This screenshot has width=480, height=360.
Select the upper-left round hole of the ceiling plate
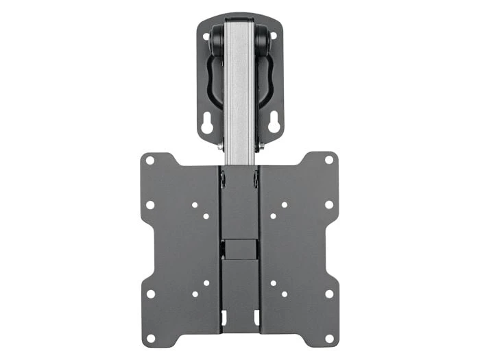pos(206,36)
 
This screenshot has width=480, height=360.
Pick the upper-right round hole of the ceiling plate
pos(273,36)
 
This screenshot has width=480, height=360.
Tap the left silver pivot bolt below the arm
pos(220,146)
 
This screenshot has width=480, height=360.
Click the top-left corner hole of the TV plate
pos(150,160)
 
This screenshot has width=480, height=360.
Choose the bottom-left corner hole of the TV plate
pos(150,338)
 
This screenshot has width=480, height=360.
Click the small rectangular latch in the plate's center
pos(239,248)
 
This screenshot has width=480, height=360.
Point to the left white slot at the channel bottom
pos(223,317)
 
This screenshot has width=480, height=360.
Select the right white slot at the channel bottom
pos(256,317)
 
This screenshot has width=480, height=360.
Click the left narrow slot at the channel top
pos(223,180)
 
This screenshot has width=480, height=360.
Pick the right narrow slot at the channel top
pos(256,180)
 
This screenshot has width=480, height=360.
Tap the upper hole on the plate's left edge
pos(150,204)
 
